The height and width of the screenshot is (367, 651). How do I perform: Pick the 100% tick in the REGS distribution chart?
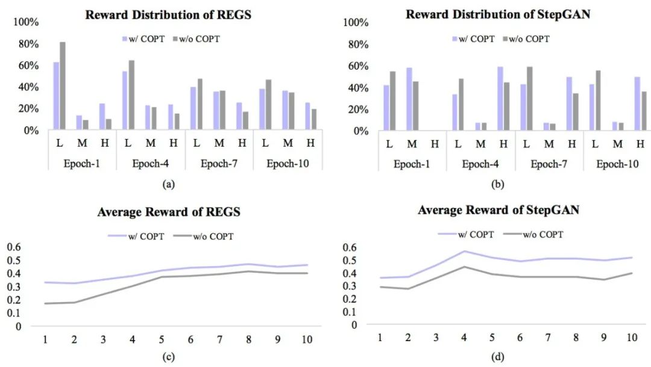pyautogui.click(x=26, y=22)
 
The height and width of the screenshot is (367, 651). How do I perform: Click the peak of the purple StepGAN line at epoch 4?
pyautogui.click(x=464, y=251)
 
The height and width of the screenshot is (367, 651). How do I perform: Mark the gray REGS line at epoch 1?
pyautogui.click(x=45, y=303)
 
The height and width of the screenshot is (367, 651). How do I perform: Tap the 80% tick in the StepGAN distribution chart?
pyautogui.click(x=354, y=45)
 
